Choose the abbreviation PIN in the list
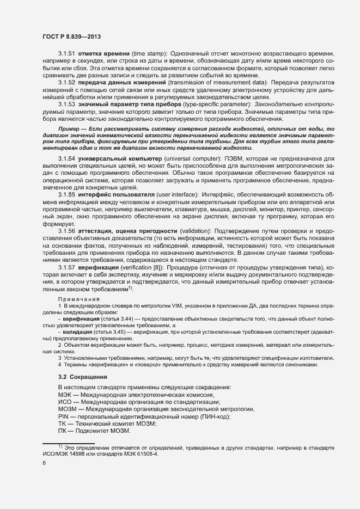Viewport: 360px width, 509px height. (63, 416)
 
